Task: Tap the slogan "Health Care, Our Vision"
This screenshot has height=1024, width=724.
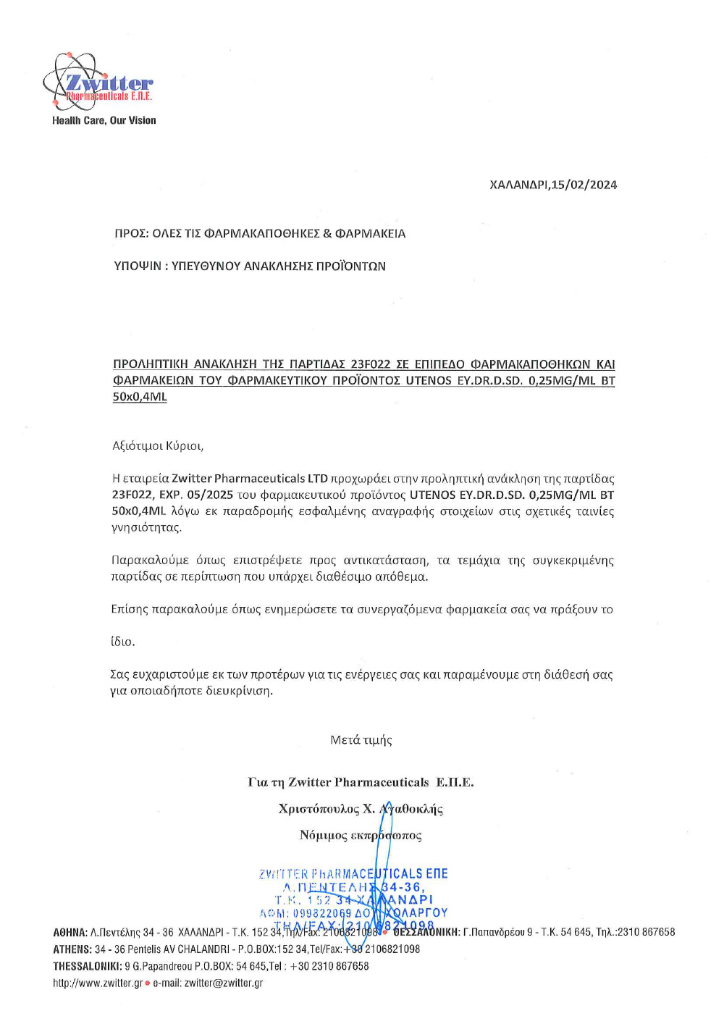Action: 104,120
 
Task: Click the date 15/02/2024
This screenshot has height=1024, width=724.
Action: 584,185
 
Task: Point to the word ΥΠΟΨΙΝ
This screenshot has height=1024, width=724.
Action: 138,266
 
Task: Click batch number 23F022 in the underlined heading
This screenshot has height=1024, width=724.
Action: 370,364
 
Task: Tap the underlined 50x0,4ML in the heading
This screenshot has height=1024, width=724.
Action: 140,397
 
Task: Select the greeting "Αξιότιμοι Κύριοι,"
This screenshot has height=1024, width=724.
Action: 158,445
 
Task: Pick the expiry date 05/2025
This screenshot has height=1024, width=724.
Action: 210,495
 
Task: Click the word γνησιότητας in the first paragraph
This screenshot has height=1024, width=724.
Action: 146,527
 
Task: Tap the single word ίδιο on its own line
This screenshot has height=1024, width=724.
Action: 122,642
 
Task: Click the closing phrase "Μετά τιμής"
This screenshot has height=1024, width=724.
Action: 361,739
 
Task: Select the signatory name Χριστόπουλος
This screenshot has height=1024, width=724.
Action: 319,809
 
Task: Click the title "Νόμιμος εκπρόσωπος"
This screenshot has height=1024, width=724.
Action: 361,835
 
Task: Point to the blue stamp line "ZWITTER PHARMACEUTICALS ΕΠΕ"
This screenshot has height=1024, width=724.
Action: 353,874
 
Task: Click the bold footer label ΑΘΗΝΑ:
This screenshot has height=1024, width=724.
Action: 70,932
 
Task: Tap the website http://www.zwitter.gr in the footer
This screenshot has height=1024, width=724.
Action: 98,983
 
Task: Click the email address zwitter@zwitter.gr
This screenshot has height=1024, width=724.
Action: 224,983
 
